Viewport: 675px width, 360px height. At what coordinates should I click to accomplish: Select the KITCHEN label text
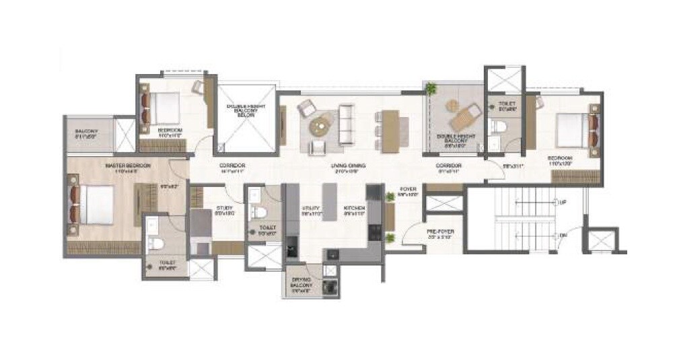click(x=355, y=209)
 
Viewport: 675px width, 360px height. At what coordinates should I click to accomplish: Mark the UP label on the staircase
click(x=563, y=202)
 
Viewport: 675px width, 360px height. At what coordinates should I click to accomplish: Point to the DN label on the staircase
click(x=563, y=235)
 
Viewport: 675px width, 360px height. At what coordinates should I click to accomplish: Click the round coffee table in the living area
click(x=321, y=124)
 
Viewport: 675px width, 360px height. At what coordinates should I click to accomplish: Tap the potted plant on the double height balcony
click(x=431, y=88)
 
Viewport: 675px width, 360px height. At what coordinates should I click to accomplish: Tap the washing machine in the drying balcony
click(x=330, y=286)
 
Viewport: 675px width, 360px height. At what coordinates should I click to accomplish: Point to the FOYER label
click(x=409, y=191)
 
